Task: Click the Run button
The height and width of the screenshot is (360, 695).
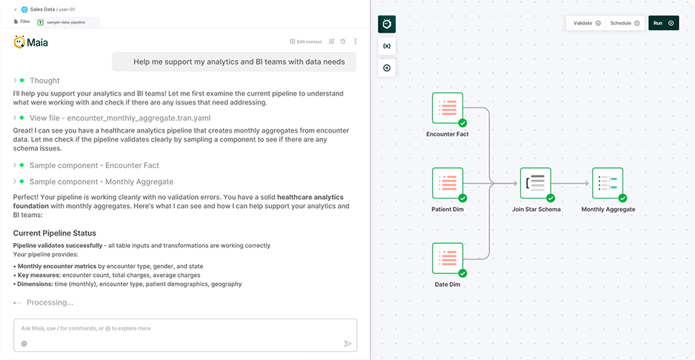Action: tap(663, 23)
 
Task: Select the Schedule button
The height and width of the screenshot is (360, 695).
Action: tap(625, 23)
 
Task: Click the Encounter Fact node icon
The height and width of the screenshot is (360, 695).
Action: tap(448, 108)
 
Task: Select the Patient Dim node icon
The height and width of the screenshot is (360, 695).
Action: tap(448, 183)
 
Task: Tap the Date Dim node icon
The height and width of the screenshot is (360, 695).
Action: tap(448, 259)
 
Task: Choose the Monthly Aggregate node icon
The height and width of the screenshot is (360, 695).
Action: tap(608, 183)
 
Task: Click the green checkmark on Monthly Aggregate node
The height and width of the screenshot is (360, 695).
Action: tap(622, 198)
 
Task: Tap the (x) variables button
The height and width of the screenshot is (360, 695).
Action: tap(387, 46)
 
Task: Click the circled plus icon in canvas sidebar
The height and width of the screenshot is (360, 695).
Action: tap(387, 68)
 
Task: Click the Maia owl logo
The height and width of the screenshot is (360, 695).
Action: tap(20, 42)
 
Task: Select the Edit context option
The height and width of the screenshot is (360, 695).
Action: tap(306, 41)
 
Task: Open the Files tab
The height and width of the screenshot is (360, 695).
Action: tap(21, 22)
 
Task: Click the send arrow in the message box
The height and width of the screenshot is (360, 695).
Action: tap(347, 344)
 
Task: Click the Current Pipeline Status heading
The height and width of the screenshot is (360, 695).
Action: tap(54, 233)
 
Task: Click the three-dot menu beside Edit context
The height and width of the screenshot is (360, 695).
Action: tap(356, 41)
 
